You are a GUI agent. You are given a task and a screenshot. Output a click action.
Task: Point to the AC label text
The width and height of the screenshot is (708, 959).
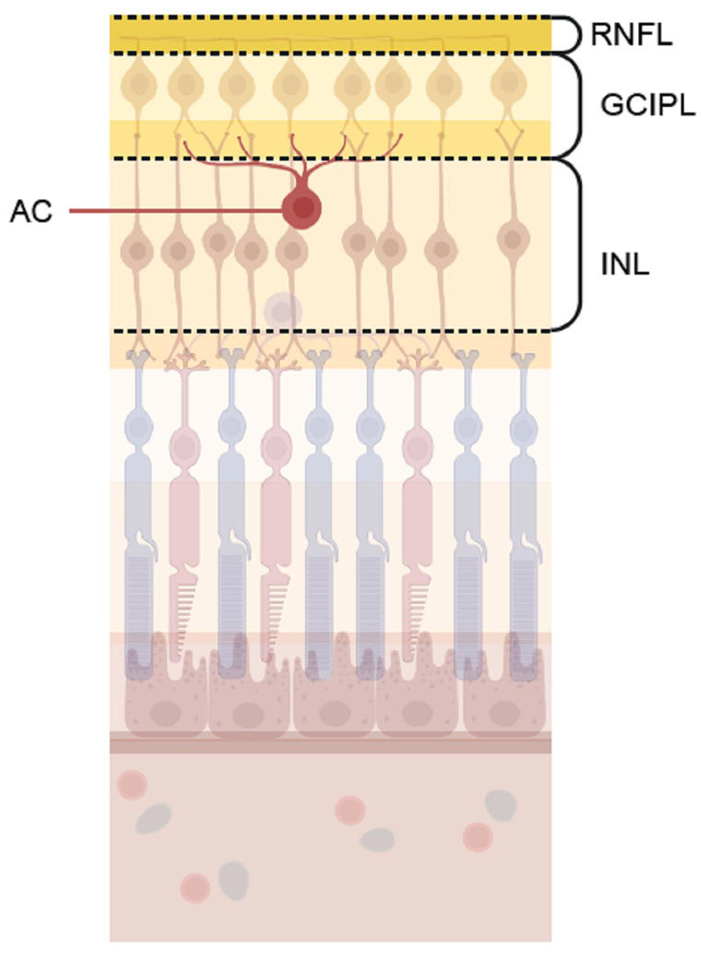click(x=32, y=212)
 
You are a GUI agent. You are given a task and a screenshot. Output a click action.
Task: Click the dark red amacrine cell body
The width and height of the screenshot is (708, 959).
click(x=302, y=209)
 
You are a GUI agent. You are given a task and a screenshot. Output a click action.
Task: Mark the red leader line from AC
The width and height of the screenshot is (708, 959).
click(x=175, y=212)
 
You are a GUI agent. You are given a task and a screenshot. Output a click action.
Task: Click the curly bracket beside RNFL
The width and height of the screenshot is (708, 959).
click(x=572, y=35)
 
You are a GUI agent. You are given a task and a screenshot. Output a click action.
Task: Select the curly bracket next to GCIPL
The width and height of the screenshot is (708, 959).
click(x=580, y=105)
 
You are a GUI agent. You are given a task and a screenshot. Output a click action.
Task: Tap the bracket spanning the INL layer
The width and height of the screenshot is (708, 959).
click(x=581, y=245)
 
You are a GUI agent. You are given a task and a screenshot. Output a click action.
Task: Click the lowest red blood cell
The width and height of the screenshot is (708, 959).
click(x=195, y=888)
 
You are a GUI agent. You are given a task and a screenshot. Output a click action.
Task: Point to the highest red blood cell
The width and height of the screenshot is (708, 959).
click(x=131, y=784)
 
